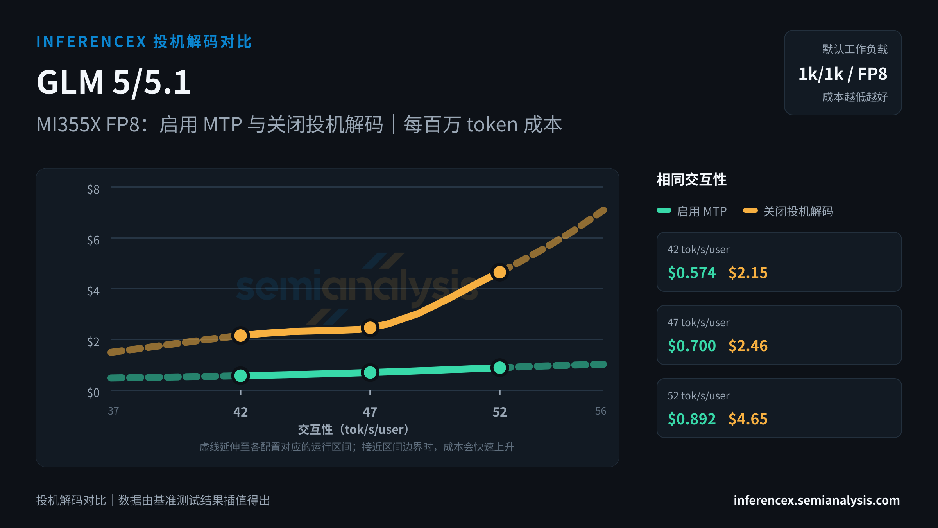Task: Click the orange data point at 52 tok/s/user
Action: [499, 272]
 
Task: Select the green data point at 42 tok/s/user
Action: [240, 375]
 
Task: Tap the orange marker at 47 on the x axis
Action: [370, 328]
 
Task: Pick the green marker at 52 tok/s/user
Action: [499, 368]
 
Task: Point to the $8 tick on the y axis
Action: [93, 189]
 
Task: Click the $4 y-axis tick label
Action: [93, 291]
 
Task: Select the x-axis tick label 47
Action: [370, 412]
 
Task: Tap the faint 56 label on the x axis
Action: [601, 411]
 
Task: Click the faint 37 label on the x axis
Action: [113, 411]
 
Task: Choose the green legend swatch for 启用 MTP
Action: [664, 211]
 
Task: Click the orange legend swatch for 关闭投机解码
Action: [750, 211]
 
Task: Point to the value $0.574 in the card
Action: [692, 273]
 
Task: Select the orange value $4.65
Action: [748, 419]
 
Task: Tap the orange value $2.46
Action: [748, 346]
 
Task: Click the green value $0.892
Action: [692, 419]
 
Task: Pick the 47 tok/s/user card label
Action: [698, 323]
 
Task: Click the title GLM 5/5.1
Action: [113, 82]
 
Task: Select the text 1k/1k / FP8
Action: [843, 74]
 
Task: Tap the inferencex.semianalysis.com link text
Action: [817, 500]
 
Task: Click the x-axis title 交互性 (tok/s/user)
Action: [354, 429]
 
